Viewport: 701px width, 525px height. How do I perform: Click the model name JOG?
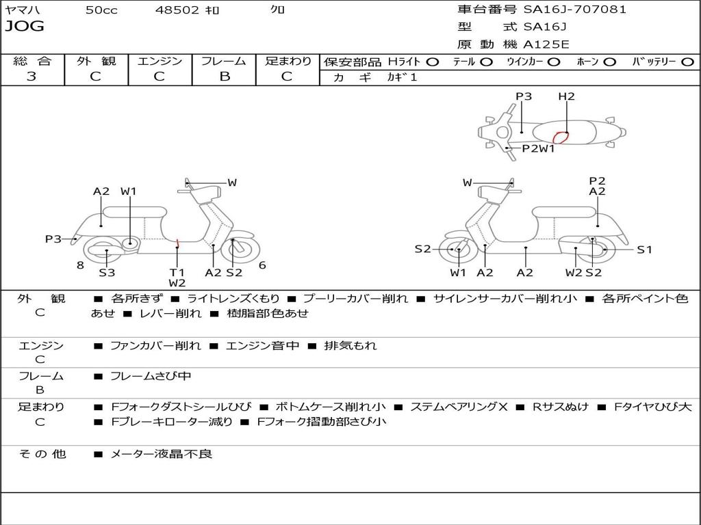[x=24, y=26]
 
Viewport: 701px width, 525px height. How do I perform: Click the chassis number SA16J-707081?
[x=574, y=10]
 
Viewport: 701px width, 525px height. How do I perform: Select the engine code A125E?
[x=546, y=44]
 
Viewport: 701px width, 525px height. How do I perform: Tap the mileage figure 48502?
[x=177, y=10]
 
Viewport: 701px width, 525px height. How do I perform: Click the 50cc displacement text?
[x=101, y=10]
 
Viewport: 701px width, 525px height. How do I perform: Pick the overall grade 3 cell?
[x=31, y=77]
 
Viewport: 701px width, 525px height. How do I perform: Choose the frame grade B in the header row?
[x=225, y=77]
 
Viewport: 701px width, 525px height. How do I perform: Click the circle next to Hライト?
[x=433, y=62]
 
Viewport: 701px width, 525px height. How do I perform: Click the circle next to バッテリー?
[x=687, y=62]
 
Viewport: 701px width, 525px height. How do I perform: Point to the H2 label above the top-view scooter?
[x=566, y=96]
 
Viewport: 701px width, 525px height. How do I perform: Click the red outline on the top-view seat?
[x=561, y=137]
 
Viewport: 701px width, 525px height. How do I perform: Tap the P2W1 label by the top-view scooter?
[x=538, y=148]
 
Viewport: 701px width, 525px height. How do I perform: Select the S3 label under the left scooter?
[x=107, y=272]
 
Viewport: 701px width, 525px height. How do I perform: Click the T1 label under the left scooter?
[x=177, y=272]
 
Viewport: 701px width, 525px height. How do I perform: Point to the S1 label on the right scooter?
[x=644, y=250]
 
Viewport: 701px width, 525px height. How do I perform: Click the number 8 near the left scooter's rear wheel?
[x=81, y=265]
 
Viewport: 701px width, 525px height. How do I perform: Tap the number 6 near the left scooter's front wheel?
[x=262, y=265]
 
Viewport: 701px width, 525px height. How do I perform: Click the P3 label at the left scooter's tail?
[x=53, y=239]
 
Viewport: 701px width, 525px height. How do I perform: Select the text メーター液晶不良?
[x=161, y=454]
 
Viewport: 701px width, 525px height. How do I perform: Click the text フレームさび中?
[x=151, y=377]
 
